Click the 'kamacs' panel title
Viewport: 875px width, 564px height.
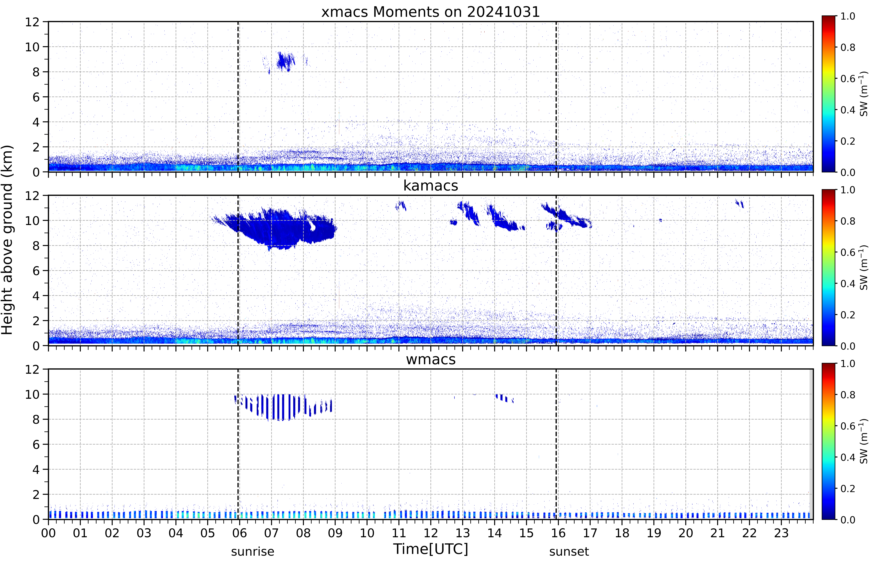431,186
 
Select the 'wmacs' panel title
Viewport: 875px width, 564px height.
431,359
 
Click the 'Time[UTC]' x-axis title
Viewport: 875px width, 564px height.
431,549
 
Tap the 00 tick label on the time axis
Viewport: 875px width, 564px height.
48,533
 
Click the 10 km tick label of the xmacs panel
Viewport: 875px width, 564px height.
32,47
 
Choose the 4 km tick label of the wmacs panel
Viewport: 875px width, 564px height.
36,469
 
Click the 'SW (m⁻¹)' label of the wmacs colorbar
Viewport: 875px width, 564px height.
864,441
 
